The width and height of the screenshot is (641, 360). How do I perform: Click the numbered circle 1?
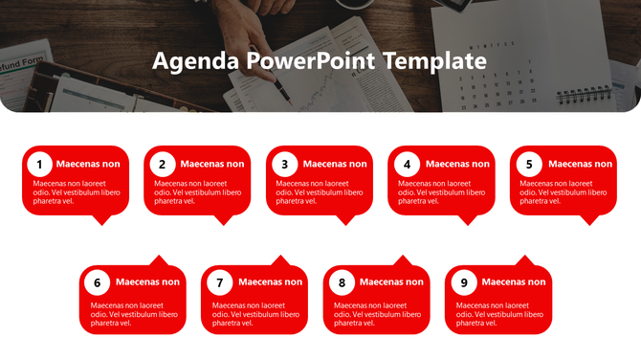(x=39, y=164)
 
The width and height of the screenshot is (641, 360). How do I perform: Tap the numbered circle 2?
(x=162, y=164)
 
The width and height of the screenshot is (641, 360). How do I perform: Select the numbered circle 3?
(x=284, y=164)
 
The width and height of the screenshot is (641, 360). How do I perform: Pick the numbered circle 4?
(x=407, y=164)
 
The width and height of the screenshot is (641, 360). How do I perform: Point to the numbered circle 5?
(x=529, y=164)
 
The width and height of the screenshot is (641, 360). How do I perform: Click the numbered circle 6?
(x=97, y=282)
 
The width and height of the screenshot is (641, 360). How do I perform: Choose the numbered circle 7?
(x=219, y=282)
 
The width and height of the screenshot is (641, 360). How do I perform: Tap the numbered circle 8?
(x=342, y=282)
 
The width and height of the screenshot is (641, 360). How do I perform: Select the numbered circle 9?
(x=464, y=282)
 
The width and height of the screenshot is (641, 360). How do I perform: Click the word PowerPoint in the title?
(x=310, y=62)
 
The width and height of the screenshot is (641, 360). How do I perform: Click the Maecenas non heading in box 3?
(x=335, y=164)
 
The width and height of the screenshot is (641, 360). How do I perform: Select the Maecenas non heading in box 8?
(x=391, y=282)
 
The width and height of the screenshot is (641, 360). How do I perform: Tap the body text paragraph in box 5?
(x=556, y=191)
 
